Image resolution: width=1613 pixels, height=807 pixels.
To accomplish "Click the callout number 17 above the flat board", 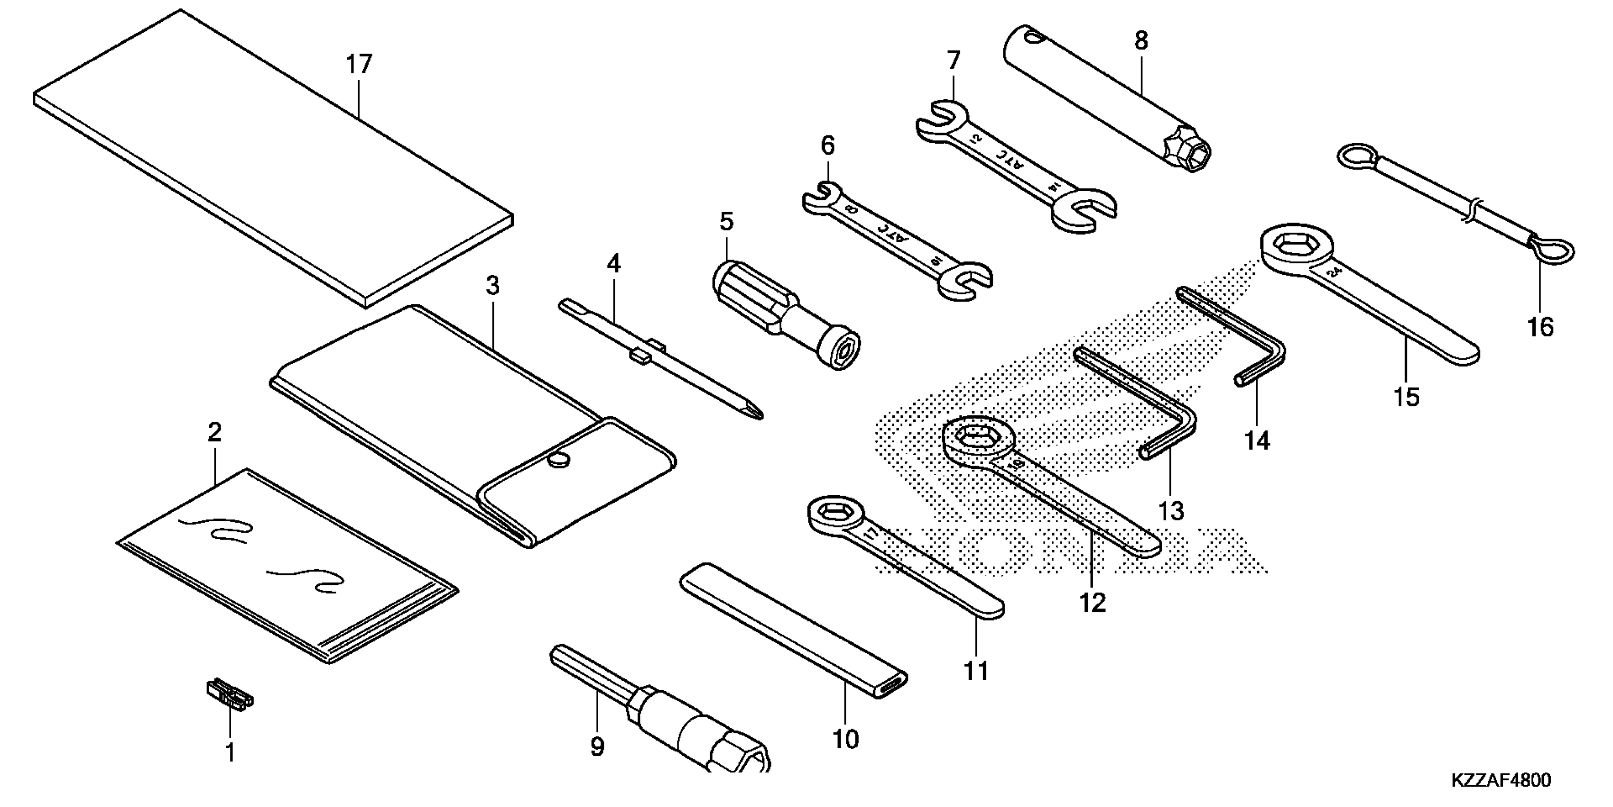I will pyautogui.click(x=360, y=64).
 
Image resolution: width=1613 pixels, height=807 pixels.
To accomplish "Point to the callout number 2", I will pyautogui.click(x=214, y=432).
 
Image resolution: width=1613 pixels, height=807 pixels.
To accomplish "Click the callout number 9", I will pyautogui.click(x=597, y=747).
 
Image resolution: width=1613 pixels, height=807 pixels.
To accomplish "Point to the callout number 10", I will pyautogui.click(x=845, y=739).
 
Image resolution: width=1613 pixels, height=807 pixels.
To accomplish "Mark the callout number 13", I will pyautogui.click(x=1171, y=511).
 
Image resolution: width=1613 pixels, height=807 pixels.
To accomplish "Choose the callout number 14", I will pyautogui.click(x=1257, y=441).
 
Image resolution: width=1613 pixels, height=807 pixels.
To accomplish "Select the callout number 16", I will pyautogui.click(x=1541, y=327).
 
